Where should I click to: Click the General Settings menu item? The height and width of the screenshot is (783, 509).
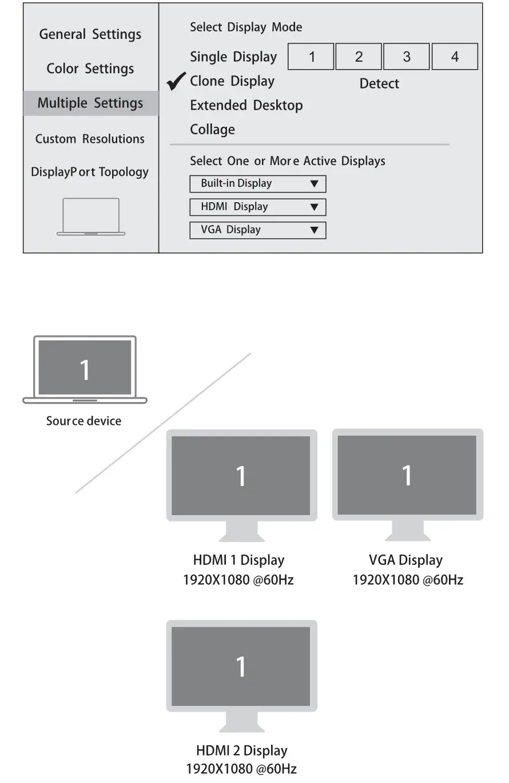(x=90, y=34)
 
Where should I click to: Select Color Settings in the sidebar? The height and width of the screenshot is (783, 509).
(x=90, y=69)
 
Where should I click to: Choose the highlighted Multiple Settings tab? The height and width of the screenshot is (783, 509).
(x=90, y=103)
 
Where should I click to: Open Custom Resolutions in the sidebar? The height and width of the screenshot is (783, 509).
(x=90, y=139)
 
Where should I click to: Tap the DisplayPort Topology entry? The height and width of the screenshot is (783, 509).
(x=90, y=172)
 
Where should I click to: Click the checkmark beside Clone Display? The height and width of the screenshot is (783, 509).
(x=176, y=82)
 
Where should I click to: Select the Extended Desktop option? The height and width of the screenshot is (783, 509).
(x=246, y=106)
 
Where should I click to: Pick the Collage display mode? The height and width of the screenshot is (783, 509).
(x=212, y=130)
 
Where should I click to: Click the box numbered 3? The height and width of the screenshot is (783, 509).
(x=407, y=57)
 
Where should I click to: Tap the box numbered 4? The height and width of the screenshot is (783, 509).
(x=455, y=57)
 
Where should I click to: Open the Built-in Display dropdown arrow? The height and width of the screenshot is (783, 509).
(x=314, y=184)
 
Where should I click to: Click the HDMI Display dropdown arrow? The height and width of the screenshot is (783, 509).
(x=314, y=207)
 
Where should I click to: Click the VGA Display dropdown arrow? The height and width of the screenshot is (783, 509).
(x=314, y=230)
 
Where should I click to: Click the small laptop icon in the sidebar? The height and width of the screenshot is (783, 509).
(x=91, y=216)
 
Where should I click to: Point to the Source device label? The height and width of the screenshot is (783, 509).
(x=83, y=421)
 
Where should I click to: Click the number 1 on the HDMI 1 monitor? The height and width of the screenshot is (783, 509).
(x=241, y=476)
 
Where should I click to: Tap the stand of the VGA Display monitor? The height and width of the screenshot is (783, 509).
(x=407, y=531)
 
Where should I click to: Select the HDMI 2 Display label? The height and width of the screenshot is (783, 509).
(x=241, y=750)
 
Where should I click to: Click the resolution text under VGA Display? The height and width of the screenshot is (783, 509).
(x=407, y=580)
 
